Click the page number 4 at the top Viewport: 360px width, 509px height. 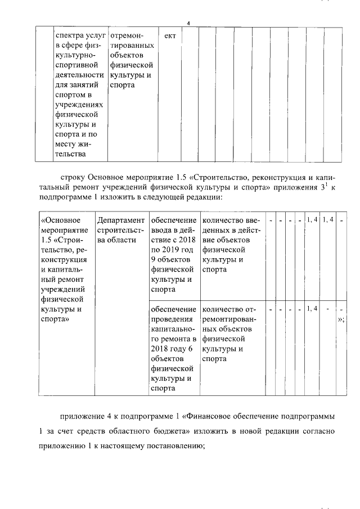(x=189, y=23)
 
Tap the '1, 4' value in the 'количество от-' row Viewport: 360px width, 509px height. (x=312, y=309)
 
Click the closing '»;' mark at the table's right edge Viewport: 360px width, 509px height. (x=341, y=319)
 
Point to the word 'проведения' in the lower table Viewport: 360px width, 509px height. (x=171, y=319)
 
